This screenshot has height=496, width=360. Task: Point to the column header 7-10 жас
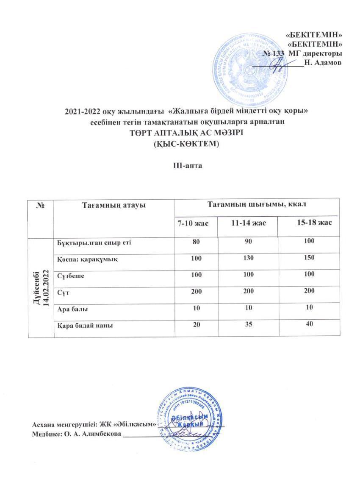(x=195, y=223)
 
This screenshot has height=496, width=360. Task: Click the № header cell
(x=41, y=205)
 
